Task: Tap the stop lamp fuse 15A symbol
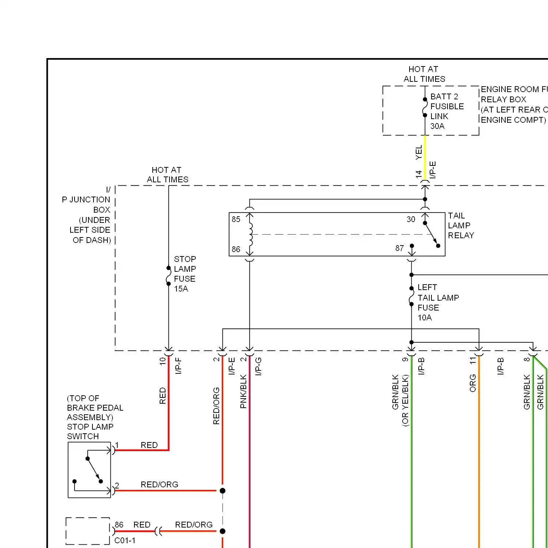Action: point(168,276)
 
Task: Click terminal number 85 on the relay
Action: point(236,220)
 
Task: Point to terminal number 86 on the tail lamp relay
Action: point(236,250)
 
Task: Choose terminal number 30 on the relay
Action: point(411,220)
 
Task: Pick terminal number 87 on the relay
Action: point(399,248)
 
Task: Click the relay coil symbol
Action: point(250,234)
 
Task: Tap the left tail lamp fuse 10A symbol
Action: point(411,296)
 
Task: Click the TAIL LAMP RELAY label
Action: point(461,226)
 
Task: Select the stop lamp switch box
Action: point(89,470)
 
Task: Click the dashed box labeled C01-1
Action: point(88,531)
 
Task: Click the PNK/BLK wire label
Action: point(243,391)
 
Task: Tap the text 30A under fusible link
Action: point(437,126)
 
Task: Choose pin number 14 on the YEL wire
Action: point(418,174)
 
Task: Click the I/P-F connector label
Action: point(178,366)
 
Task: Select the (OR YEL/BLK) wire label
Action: point(405,400)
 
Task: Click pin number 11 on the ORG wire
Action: point(473,361)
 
